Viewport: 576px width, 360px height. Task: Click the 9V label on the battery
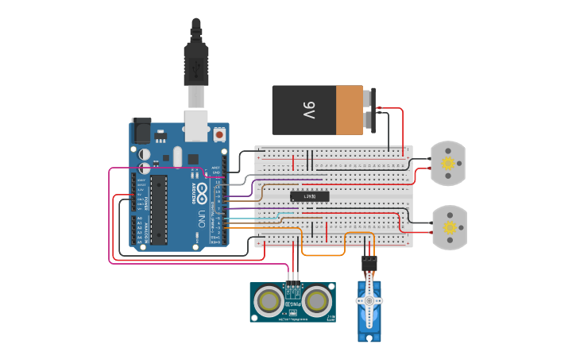(x=309, y=110)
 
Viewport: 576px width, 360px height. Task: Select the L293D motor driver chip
(x=308, y=196)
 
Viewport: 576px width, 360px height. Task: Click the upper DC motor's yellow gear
(x=448, y=163)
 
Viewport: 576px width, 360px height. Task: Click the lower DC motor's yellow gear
(x=450, y=227)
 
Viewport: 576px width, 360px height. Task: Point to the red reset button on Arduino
(x=218, y=135)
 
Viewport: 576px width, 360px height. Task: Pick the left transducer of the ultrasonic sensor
(x=271, y=301)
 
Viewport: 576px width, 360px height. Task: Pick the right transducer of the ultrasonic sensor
(x=317, y=301)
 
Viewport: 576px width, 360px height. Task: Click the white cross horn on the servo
(x=368, y=302)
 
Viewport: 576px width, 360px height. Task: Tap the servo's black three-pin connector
(x=369, y=263)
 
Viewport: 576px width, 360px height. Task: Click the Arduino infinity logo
(x=202, y=192)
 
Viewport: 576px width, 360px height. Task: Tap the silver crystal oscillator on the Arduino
(x=177, y=155)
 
